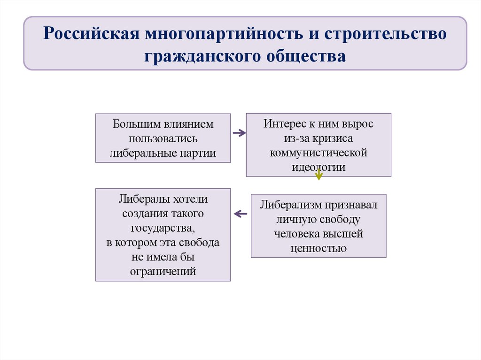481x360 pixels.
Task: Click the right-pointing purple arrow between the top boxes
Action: click(239, 133)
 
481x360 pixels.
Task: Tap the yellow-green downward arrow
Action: click(318, 175)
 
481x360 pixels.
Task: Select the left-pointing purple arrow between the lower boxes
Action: click(240, 214)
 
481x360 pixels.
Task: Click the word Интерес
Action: click(283, 124)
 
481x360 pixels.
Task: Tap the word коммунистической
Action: click(318, 153)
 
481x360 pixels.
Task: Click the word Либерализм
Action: click(289, 205)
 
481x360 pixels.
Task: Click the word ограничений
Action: click(163, 271)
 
